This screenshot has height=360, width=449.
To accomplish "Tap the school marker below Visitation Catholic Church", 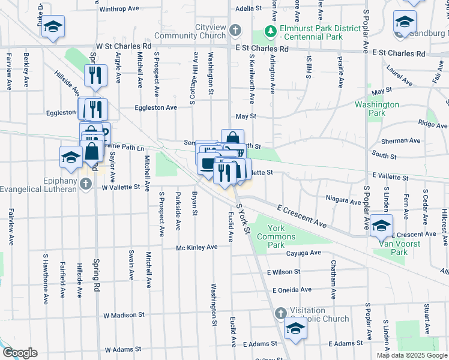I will coord(295,329).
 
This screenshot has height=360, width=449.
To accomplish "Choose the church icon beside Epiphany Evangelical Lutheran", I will coord(85,184).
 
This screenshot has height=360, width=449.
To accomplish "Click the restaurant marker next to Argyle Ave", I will coord(95,76).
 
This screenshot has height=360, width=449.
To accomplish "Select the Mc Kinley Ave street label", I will coord(196,247).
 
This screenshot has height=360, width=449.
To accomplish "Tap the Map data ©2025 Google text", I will coord(412,355).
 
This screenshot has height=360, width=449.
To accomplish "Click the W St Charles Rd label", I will coord(124,46).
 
